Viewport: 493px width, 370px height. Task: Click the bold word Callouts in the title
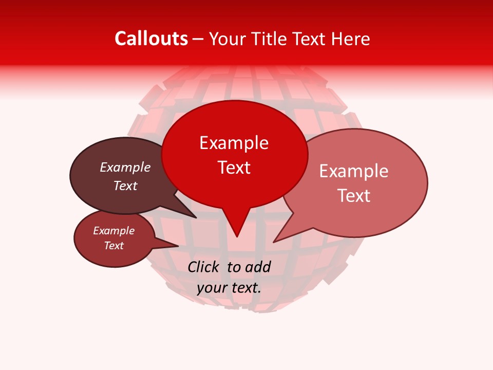(x=151, y=39)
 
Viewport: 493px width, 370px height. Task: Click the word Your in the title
(x=227, y=39)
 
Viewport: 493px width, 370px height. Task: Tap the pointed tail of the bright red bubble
(x=236, y=226)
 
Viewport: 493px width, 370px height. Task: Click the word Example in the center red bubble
(x=234, y=143)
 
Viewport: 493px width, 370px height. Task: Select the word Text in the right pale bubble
(x=354, y=195)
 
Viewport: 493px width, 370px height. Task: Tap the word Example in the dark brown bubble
(x=125, y=167)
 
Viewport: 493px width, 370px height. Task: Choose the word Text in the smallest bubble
(x=114, y=246)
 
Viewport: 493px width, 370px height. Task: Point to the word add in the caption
(x=259, y=267)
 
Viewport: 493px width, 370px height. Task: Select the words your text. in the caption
(x=229, y=288)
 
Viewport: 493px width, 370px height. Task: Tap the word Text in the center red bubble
(x=234, y=168)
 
